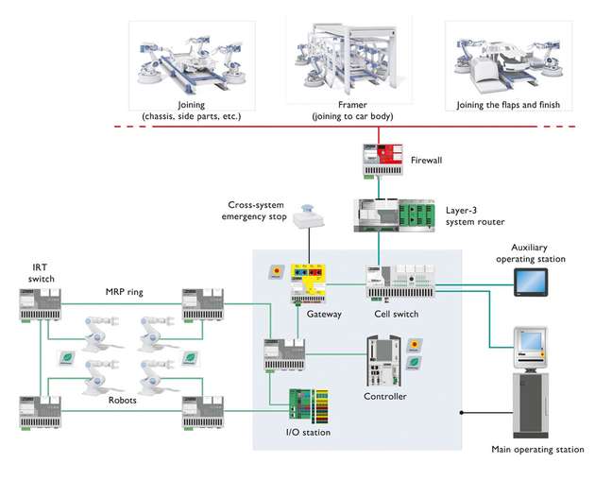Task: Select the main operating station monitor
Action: click(x=532, y=342)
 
